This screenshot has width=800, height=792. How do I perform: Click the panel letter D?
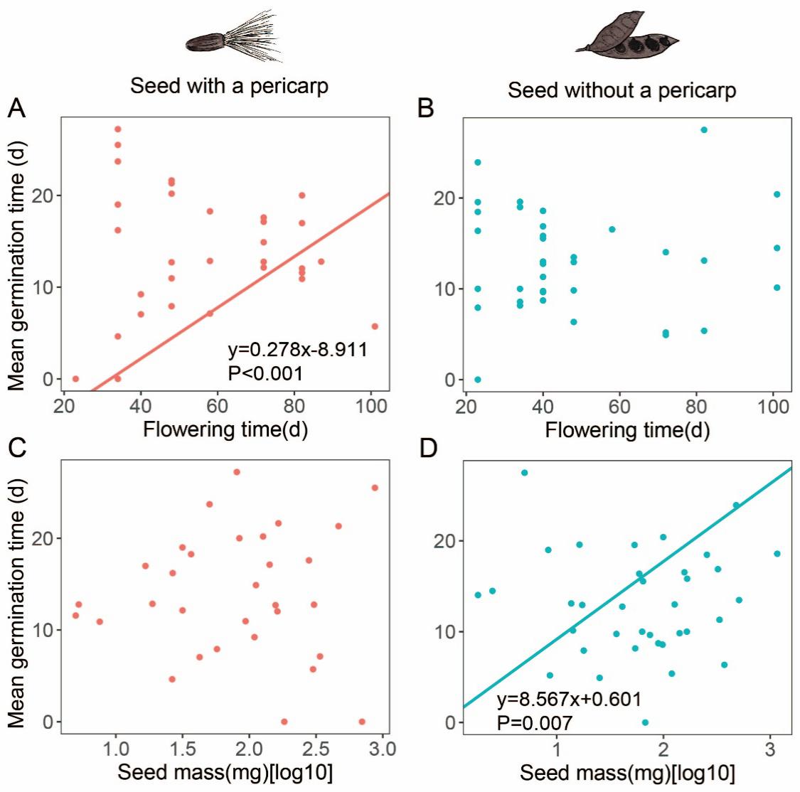click(x=428, y=451)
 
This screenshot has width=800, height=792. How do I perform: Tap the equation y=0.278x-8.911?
click(x=297, y=350)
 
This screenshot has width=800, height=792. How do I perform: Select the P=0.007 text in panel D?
click(x=534, y=722)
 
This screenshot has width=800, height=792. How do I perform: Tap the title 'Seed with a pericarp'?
click(x=229, y=87)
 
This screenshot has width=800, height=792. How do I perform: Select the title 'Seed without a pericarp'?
click(x=622, y=91)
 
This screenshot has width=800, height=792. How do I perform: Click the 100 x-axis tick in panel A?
click(x=370, y=406)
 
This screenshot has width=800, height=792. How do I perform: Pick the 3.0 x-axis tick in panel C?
click(x=382, y=749)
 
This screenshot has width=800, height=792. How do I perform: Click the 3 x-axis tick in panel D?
click(x=770, y=749)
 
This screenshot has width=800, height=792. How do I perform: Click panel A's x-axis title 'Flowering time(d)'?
click(x=225, y=429)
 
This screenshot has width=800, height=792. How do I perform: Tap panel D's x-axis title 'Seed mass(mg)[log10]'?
click(x=627, y=773)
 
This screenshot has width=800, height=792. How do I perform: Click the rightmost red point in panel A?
click(x=375, y=326)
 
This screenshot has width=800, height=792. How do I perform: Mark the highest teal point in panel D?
click(x=525, y=473)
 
